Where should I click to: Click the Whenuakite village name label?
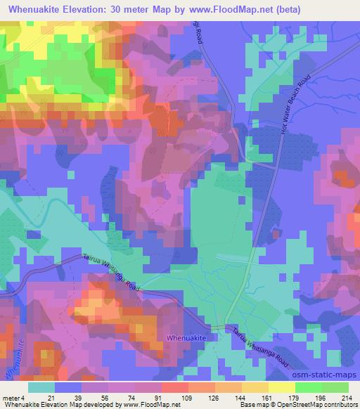(187, 338)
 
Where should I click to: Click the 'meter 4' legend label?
(13, 398)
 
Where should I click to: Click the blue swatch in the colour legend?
(68, 387)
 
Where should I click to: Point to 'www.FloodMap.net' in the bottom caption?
(150, 405)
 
